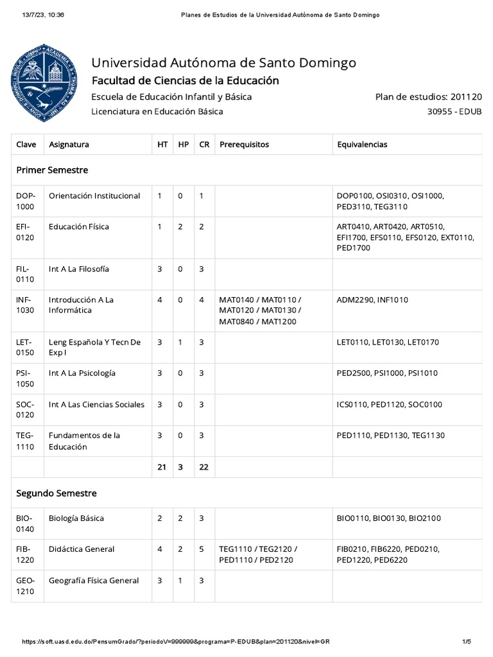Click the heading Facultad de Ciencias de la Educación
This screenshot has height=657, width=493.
186,81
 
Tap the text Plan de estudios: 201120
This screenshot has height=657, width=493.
428,97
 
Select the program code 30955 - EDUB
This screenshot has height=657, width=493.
454,112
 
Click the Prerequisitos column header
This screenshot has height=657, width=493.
244,145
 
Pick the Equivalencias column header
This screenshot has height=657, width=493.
362,145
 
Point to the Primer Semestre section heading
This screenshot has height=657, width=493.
52,170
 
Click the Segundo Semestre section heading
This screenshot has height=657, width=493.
56,493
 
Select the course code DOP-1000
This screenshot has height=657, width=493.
26,201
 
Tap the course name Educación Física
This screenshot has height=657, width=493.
79,226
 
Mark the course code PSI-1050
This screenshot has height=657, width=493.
26,379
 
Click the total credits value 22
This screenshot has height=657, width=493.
204,467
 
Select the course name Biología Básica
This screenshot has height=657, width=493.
76,518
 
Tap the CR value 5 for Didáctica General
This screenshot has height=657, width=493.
202,549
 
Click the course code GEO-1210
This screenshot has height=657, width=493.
26,586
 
